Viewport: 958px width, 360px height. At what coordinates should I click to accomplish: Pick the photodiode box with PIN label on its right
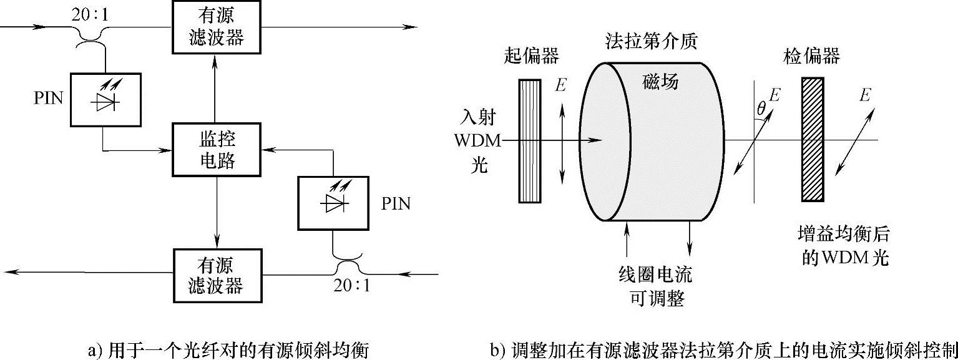pyautogui.click(x=334, y=204)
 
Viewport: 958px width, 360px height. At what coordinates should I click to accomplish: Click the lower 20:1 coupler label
pyautogui.click(x=350, y=288)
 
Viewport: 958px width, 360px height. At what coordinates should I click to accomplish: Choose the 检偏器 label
pyautogui.click(x=811, y=57)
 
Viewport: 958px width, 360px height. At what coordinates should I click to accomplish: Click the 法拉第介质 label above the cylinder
pyautogui.click(x=651, y=41)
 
